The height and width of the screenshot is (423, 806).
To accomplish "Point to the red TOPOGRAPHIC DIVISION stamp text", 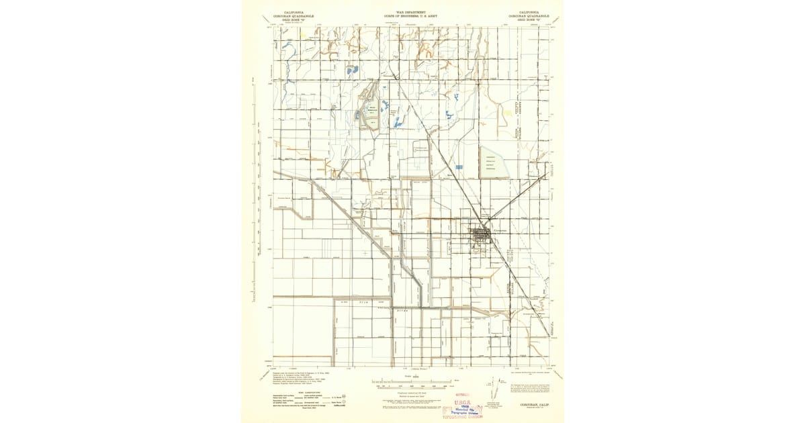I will [461, 417].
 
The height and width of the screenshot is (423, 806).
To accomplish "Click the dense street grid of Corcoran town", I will [481, 235].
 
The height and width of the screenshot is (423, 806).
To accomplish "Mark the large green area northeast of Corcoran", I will [494, 163].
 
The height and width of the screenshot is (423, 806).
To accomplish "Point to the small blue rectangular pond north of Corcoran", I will [459, 167].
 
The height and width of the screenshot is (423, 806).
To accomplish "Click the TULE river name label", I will [363, 303].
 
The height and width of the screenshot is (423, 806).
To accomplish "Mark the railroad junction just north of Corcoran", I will [488, 220].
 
